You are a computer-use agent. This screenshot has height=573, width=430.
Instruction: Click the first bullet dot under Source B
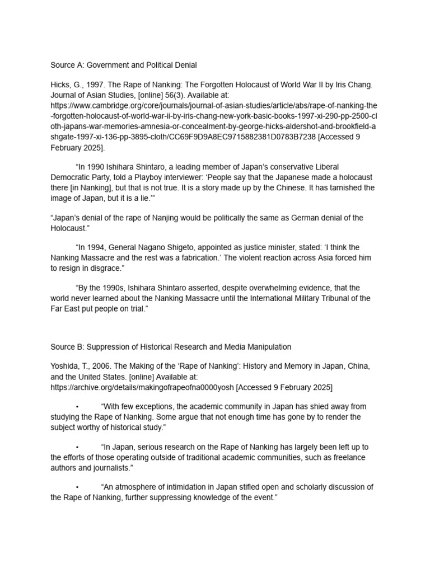77,407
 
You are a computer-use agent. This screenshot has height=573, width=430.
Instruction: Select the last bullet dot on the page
77,487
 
